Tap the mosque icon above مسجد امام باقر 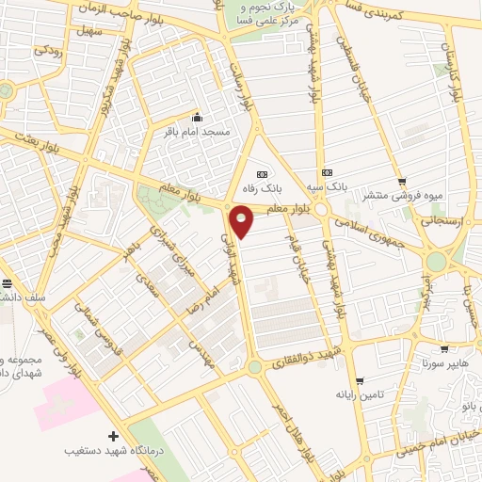[x=197, y=118]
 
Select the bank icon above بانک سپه [x=328, y=173]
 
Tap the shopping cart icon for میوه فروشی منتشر [x=403, y=182]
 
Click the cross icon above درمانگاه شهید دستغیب [x=114, y=437]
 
